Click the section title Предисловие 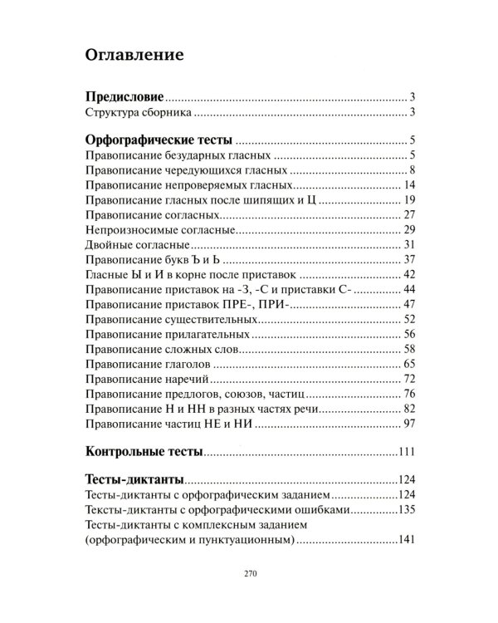coord(125,97)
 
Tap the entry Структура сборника coord(139,113)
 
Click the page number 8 coord(412,171)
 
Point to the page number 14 coord(408,185)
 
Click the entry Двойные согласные coord(139,244)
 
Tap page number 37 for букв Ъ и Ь coord(408,259)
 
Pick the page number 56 coord(408,334)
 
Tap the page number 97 coord(408,424)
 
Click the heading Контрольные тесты coord(144,453)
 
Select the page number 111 coord(405,453)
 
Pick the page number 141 coord(405,541)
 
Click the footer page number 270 coord(249,574)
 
